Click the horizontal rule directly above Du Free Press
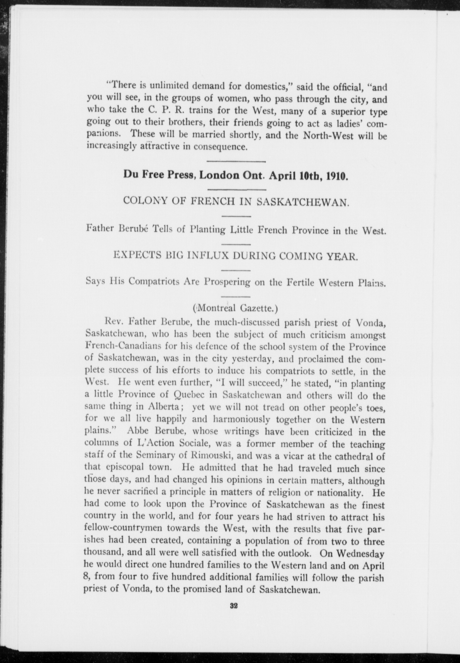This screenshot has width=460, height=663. click(237, 162)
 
